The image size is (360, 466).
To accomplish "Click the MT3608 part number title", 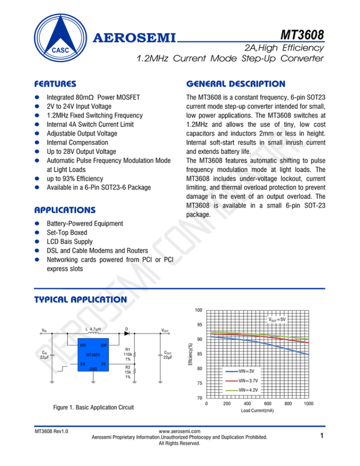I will click(301, 35).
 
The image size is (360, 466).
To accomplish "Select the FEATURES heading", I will click(58, 84).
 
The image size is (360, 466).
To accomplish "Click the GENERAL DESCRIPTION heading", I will click(235, 84).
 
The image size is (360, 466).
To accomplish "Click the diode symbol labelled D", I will click(127, 334).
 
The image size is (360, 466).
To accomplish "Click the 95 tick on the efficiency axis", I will click(199, 324).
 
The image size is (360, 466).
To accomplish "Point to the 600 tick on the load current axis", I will click(268, 403).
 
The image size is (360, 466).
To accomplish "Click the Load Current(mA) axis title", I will click(257, 411).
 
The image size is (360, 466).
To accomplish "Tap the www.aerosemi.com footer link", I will click(180, 431).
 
